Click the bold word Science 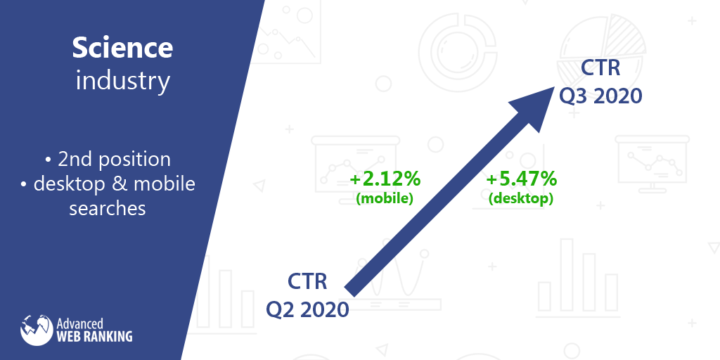click(122, 48)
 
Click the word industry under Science click(122, 81)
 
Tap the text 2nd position click(115, 160)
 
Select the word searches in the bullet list click(108, 208)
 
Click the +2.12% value click(385, 179)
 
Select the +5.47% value click(521, 179)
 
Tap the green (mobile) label click(385, 198)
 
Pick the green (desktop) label click(521, 198)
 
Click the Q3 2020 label click(600, 96)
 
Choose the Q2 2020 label click(308, 309)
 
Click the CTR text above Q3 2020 click(600, 68)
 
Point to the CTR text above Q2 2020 click(307, 281)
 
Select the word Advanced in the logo click(80, 323)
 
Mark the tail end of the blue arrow click(350, 290)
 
